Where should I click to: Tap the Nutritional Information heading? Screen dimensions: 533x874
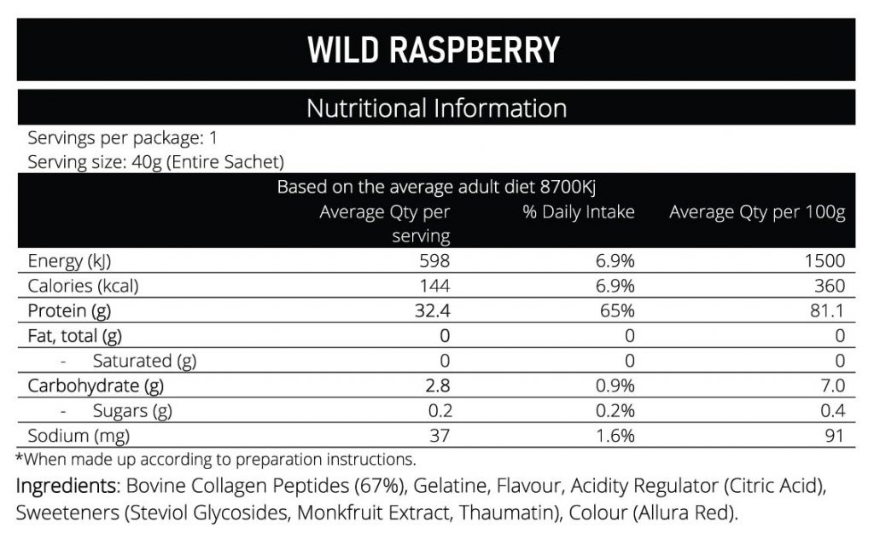click(435, 108)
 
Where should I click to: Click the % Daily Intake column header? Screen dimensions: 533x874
click(579, 212)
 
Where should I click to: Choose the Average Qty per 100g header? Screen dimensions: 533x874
click(756, 212)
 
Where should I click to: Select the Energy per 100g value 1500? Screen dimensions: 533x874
click(824, 261)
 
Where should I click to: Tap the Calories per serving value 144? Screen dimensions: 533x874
click(434, 286)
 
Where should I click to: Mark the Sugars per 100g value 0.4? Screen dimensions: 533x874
click(831, 410)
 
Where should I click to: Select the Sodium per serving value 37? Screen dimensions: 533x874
click(439, 436)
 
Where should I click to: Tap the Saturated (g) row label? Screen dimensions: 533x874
click(144, 361)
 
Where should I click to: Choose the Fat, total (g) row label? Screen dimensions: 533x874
click(75, 336)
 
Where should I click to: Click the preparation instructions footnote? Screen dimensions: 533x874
click(215, 459)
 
